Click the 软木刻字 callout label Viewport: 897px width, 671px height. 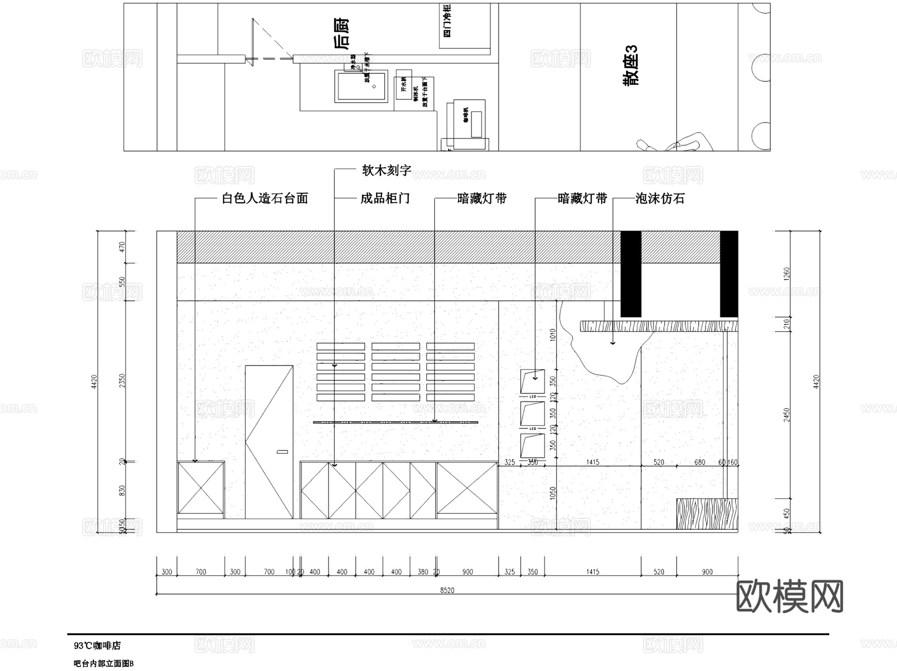tap(386, 171)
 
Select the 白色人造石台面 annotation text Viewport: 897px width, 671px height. tap(265, 199)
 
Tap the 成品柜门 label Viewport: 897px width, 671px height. tap(385, 199)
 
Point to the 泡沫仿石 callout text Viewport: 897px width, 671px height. tap(660, 199)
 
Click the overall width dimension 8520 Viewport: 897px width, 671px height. tap(447, 590)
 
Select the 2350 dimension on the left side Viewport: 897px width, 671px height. tap(123, 381)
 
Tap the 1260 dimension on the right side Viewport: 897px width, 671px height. tap(787, 274)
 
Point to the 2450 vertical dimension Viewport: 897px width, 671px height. tap(787, 414)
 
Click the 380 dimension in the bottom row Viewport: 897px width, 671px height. tap(423, 572)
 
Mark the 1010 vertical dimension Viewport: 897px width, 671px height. tap(552, 334)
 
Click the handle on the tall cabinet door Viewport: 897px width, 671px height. tap(282, 452)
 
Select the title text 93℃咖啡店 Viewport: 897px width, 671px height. tap(97, 646)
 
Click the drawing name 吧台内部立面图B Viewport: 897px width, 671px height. tap(104, 664)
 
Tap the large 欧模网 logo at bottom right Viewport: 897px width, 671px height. tap(789, 596)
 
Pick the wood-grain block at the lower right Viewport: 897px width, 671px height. tap(707, 514)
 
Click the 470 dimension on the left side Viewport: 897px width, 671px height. tap(123, 248)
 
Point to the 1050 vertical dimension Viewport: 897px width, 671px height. tap(552, 493)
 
